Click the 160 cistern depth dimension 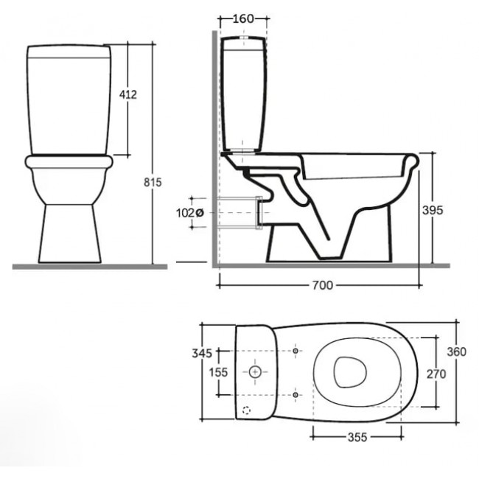coord(243,18)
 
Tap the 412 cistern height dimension coord(128,95)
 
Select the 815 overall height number coord(153,182)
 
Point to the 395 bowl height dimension coord(433,210)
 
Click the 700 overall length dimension coord(323,285)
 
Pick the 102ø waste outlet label coord(189,213)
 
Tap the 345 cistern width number coord(202,353)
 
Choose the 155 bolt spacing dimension coord(218,372)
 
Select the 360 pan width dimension coord(457,352)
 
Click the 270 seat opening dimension coord(436,374)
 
